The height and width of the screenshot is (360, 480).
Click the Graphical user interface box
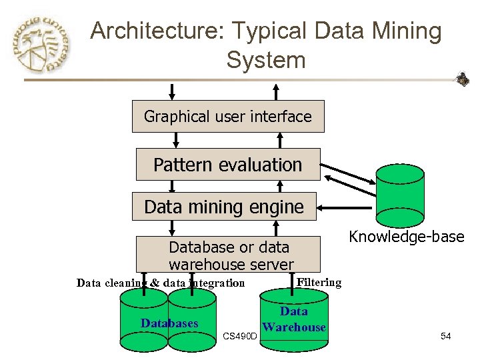click(x=228, y=117)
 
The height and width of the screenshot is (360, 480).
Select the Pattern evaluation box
click(x=228, y=165)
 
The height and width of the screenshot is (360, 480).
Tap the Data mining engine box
click(x=224, y=207)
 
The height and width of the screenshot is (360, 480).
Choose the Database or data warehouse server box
click(x=229, y=255)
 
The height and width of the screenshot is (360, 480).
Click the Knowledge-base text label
click(x=407, y=237)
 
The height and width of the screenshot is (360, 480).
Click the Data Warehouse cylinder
click(x=294, y=319)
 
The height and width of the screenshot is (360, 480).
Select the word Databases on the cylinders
click(x=169, y=323)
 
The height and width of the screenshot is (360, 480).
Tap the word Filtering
click(x=319, y=282)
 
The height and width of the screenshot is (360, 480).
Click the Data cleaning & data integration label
click(x=161, y=283)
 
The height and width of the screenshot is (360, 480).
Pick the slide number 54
click(x=446, y=337)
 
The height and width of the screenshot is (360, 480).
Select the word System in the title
click(x=265, y=60)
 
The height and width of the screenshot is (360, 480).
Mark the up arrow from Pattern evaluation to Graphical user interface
click(x=280, y=140)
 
